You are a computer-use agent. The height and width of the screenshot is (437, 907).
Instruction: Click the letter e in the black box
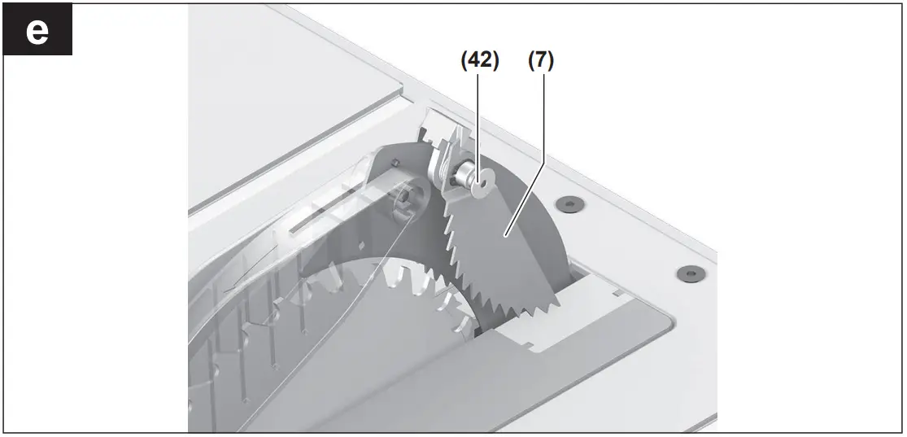(37, 30)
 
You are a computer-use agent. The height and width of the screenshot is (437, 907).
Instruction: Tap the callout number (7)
(539, 61)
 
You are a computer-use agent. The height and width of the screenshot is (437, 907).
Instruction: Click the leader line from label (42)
(481, 122)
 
